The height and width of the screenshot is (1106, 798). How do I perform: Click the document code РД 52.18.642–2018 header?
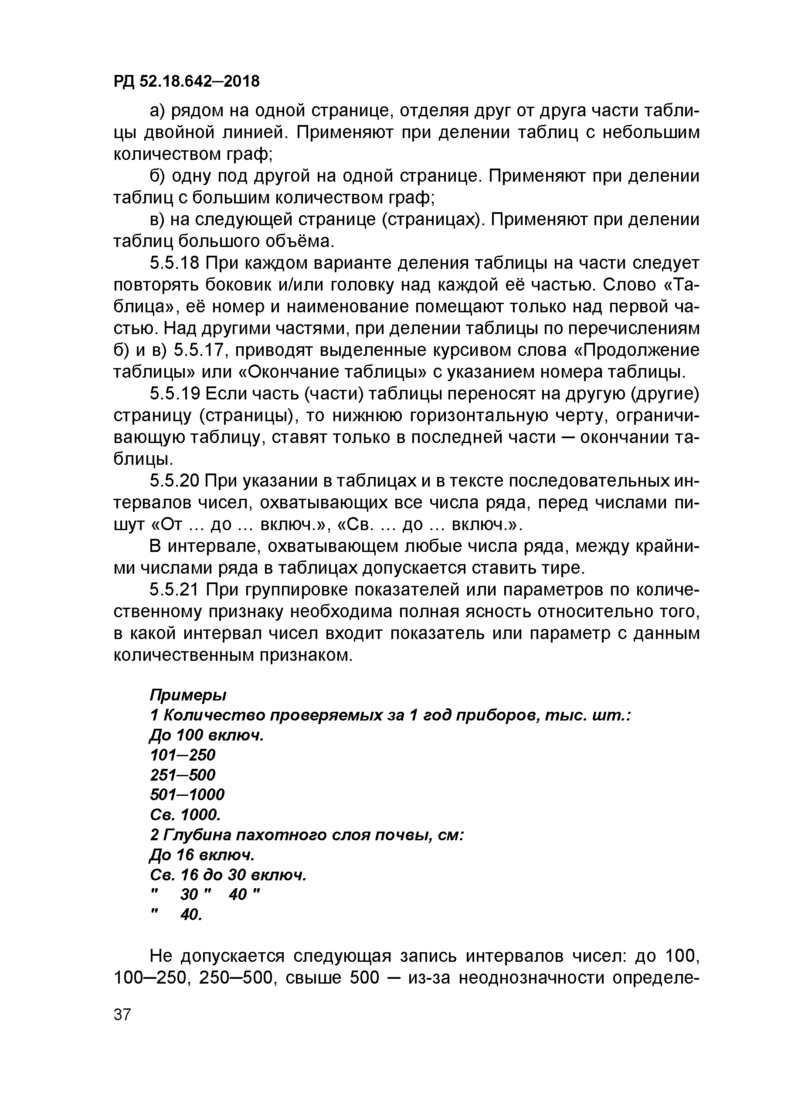(187, 81)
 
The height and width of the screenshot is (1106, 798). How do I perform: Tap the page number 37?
(122, 1015)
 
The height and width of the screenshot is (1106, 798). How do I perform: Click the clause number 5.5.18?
(175, 264)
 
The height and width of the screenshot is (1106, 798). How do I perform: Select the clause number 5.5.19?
(175, 394)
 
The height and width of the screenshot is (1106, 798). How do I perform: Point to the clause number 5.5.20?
(175, 481)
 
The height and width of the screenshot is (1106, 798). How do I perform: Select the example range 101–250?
(183, 755)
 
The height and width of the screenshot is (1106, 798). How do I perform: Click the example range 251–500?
(183, 775)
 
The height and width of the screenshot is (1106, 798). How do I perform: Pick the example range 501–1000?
(187, 795)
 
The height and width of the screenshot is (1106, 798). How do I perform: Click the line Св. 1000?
(185, 815)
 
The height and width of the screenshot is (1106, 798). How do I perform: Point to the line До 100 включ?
(206, 735)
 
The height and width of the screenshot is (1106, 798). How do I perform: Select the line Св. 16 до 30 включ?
(228, 875)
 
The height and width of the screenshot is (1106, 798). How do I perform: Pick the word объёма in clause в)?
(299, 241)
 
